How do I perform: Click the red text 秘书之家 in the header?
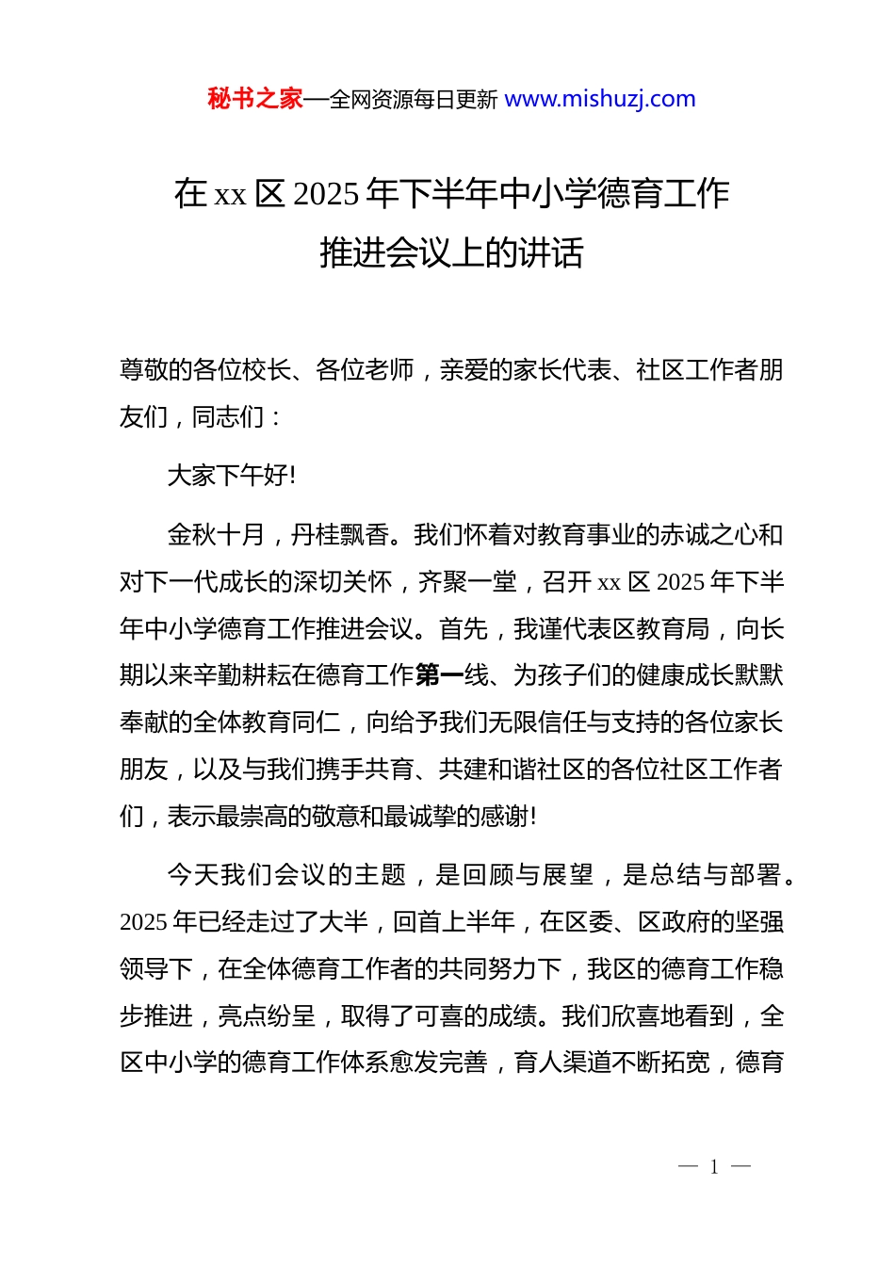[x=255, y=99]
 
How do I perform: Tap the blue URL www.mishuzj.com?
[x=600, y=99]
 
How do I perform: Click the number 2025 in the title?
[x=326, y=194]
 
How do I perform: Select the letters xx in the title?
[x=230, y=195]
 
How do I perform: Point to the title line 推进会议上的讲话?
[x=451, y=252]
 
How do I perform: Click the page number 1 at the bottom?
[x=714, y=1167]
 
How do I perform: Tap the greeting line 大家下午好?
[x=232, y=476]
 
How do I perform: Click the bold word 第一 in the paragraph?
[x=439, y=675]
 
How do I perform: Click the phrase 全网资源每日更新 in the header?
[x=414, y=99]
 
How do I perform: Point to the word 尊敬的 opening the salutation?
[x=156, y=370]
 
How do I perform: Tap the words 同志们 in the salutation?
[x=229, y=416]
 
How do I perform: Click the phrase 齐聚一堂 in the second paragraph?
[x=467, y=582]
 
